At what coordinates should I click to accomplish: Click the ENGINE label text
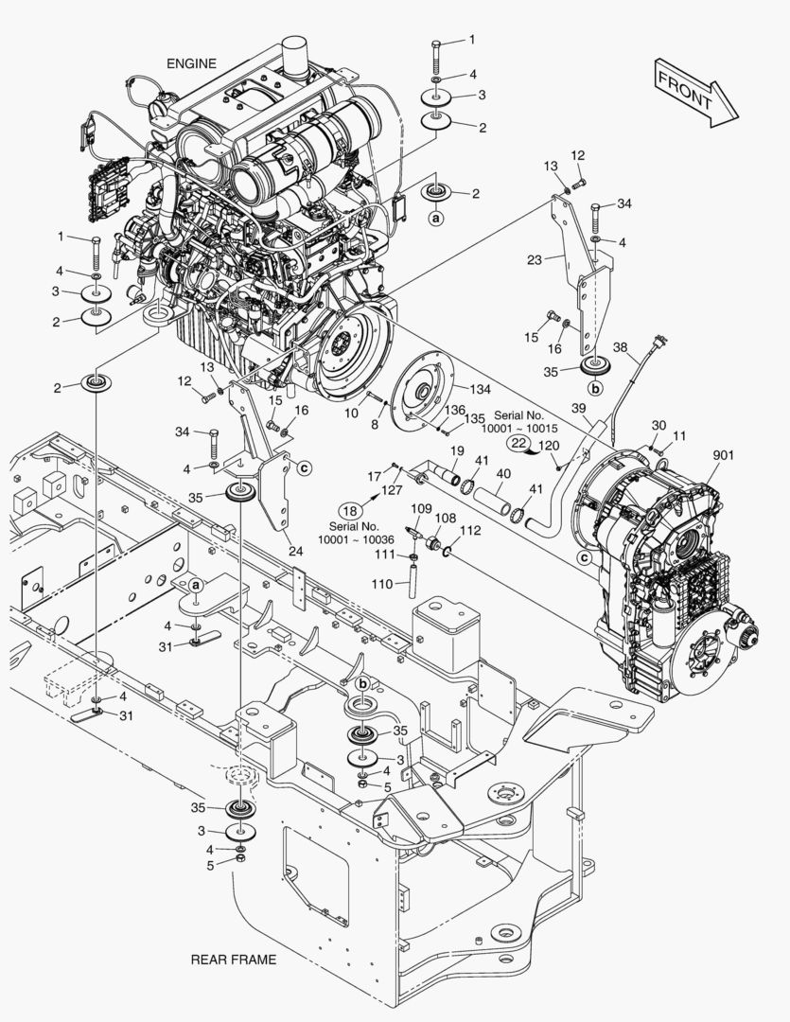pos(191,63)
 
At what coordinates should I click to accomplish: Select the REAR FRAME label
pos(234,960)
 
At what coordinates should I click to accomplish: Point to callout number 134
pos(482,387)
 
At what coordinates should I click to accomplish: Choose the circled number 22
pos(518,442)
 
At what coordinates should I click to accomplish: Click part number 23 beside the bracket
pos(535,258)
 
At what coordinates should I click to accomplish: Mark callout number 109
pos(420,508)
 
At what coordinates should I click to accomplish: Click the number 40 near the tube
pos(503,474)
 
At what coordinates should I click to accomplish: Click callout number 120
pos(549,443)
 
